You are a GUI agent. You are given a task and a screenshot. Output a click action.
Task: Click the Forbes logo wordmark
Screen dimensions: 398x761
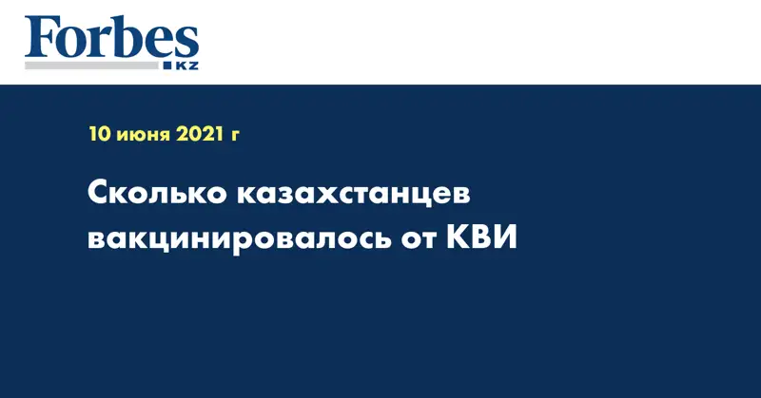click(111, 38)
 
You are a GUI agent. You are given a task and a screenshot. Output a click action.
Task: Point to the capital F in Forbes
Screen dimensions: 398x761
click(39, 38)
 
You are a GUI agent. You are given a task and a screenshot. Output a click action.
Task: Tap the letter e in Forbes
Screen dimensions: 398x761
click(155, 44)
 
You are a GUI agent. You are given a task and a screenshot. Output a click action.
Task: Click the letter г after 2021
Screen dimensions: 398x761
click(234, 137)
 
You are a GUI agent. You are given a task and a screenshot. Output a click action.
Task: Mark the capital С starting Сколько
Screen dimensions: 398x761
click(99, 194)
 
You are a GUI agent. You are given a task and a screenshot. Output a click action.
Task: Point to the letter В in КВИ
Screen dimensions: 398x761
click(481, 237)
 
